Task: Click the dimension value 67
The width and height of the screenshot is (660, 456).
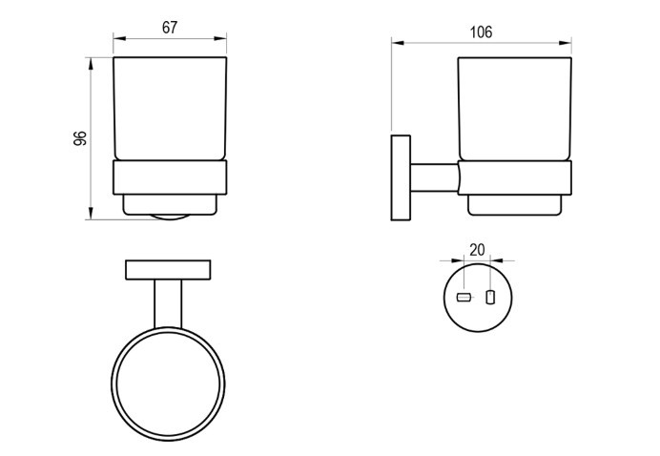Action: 170,28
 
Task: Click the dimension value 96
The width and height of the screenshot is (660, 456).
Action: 80,138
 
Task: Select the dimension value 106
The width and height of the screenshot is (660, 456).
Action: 481,32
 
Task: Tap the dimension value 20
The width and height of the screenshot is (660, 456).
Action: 477,250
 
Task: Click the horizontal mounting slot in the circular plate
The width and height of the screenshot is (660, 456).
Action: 463,298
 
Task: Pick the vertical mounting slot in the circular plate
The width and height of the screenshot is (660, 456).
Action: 490,297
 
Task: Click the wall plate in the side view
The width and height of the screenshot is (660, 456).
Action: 401,177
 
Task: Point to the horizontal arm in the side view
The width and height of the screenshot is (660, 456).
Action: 434,177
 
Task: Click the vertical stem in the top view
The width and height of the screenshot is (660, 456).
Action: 168,304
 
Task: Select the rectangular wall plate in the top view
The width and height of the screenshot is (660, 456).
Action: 168,270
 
